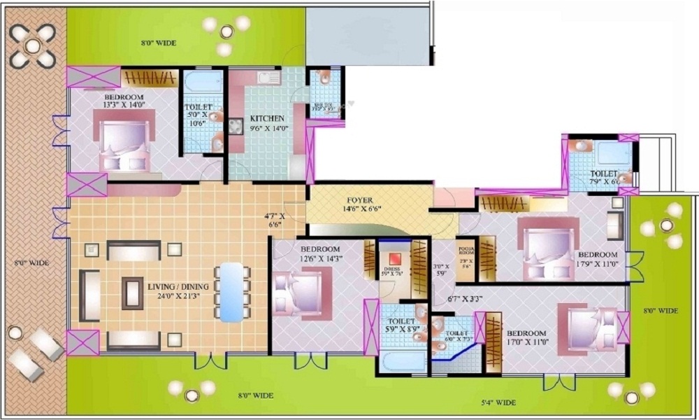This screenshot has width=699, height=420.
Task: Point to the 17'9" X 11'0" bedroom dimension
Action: (597, 265)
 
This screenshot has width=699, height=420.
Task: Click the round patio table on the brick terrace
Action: (34, 45)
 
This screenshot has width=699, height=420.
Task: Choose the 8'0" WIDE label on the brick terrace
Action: (31, 263)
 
